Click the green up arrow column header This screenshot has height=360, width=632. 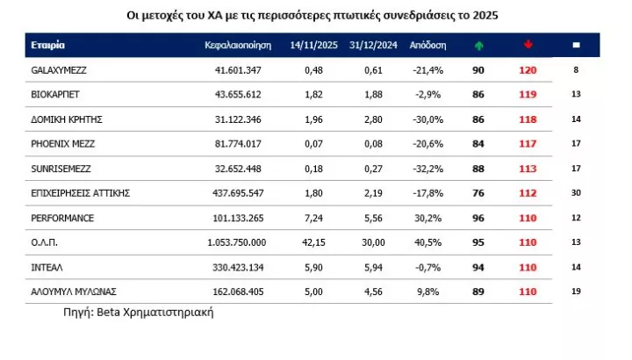tap(478, 45)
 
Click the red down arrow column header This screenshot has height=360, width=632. tap(528, 45)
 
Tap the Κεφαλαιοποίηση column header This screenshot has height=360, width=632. tap(239, 45)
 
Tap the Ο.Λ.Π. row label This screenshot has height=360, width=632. tap(43, 241)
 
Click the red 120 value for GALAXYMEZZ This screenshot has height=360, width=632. tap(528, 69)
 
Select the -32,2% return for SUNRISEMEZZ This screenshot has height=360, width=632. tap(427, 168)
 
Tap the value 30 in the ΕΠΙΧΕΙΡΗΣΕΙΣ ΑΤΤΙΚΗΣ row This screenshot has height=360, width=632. tap(577, 192)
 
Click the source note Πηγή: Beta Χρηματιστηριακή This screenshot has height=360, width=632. tap(139, 312)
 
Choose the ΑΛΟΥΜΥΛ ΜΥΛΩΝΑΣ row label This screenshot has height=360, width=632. tap(74, 291)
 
